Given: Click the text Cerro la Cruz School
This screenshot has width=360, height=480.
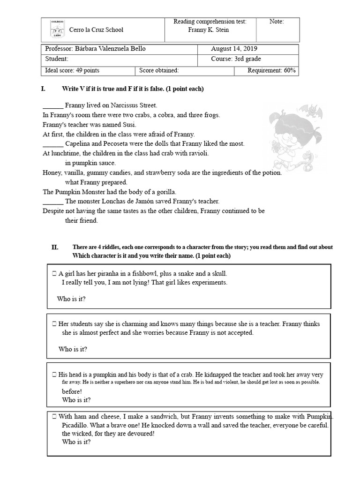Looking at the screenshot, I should click(96, 30).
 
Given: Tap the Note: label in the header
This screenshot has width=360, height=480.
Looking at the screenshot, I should click(277, 22).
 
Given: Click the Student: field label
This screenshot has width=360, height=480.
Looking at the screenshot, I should click(57, 59).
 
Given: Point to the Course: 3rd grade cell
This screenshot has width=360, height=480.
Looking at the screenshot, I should click(236, 59).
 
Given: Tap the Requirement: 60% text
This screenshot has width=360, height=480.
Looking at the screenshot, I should click(271, 71).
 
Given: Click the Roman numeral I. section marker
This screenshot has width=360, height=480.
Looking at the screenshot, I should click(44, 89).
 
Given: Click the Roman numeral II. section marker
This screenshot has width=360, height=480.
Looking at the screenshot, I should click(55, 247).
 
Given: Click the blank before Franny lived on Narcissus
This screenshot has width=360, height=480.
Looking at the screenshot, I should click(52, 106).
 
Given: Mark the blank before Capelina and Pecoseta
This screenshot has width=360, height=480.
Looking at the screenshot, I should click(52, 144).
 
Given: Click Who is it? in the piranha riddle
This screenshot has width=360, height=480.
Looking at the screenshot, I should click(71, 299).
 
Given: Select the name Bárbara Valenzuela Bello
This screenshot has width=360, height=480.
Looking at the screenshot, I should click(112, 49).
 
